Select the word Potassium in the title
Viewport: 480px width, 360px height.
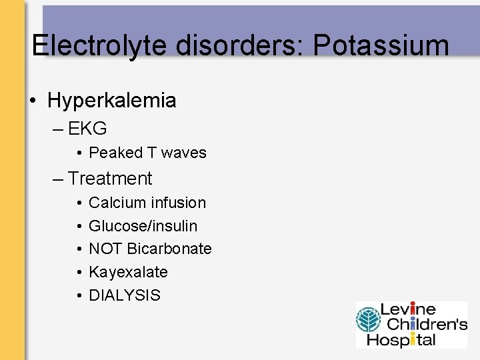point(381,45)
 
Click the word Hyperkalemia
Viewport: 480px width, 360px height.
point(112,101)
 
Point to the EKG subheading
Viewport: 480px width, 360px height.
point(87,128)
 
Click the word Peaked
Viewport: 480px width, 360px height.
point(116,153)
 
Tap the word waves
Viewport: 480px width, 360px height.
point(184,153)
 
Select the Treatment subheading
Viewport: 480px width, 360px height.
point(110,179)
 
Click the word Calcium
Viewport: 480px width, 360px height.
point(115,203)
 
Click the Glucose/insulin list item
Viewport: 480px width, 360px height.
point(143,226)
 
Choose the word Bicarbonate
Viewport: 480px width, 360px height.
point(169,249)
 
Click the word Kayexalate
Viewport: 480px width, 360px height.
point(128,272)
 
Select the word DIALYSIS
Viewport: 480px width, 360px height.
point(125,295)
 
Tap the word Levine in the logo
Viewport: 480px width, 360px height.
point(408,310)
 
